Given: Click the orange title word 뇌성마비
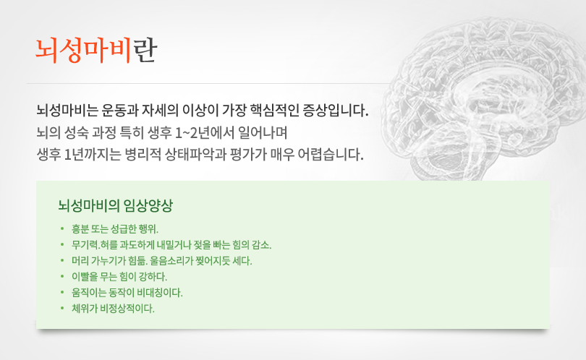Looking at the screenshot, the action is [x=83, y=51].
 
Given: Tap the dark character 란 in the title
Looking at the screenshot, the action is [x=145, y=51].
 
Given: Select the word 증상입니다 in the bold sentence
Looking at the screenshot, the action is [x=335, y=110].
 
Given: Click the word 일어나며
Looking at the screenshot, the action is [x=263, y=132].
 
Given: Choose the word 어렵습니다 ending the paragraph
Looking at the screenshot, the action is [x=331, y=154].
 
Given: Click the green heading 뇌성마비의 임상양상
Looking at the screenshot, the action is [x=116, y=205].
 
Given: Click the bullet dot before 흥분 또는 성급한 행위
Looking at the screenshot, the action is [x=62, y=228].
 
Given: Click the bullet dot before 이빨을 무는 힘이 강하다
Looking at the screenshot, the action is [x=62, y=276].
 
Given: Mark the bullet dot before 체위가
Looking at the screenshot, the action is [x=62, y=308].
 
